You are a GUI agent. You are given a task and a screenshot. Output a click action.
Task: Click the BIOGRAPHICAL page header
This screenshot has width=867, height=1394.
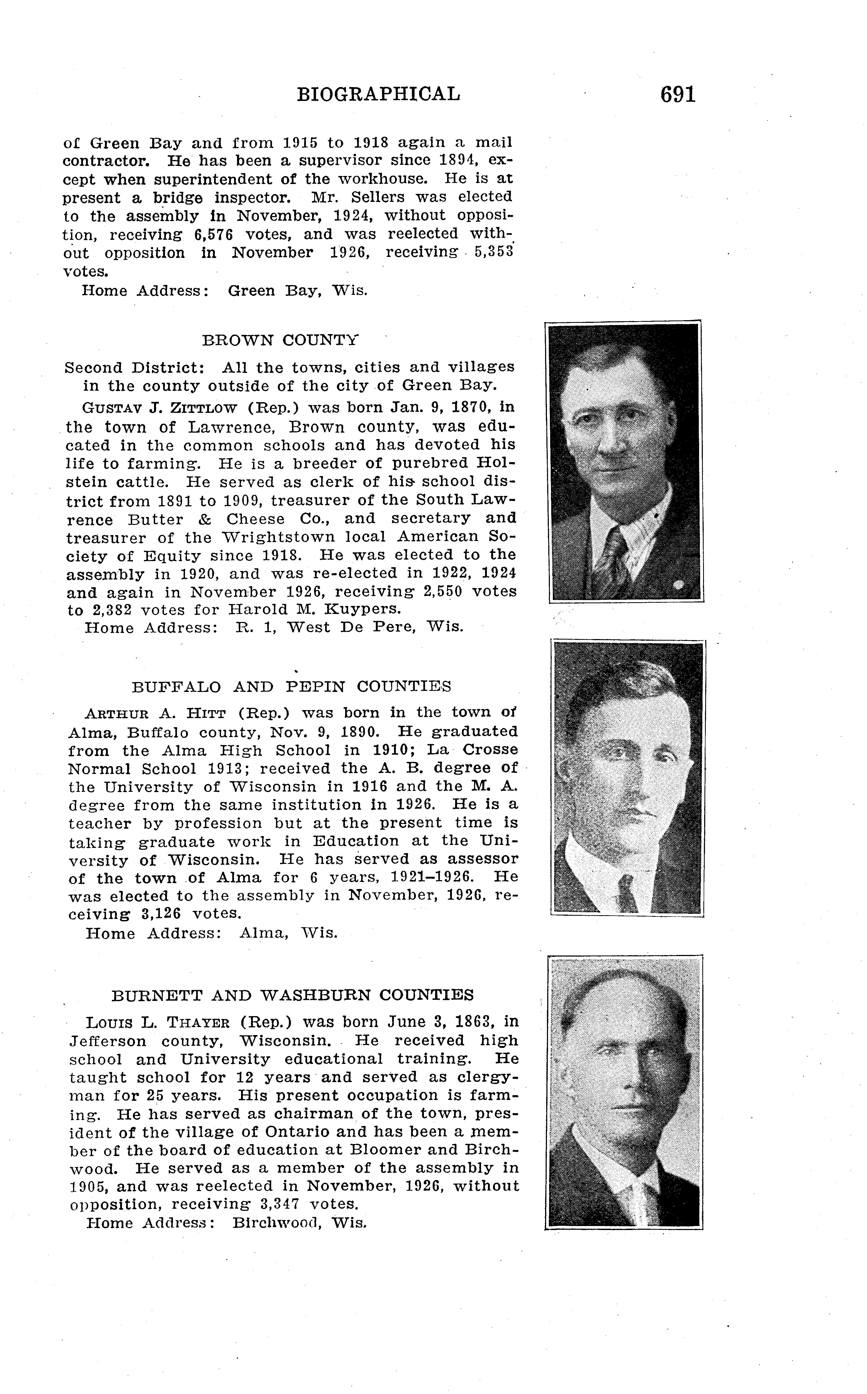379,94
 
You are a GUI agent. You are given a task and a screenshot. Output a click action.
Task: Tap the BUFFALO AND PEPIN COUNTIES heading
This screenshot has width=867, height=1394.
291,687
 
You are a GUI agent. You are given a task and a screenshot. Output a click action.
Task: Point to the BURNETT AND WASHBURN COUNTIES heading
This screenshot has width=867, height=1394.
293,995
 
